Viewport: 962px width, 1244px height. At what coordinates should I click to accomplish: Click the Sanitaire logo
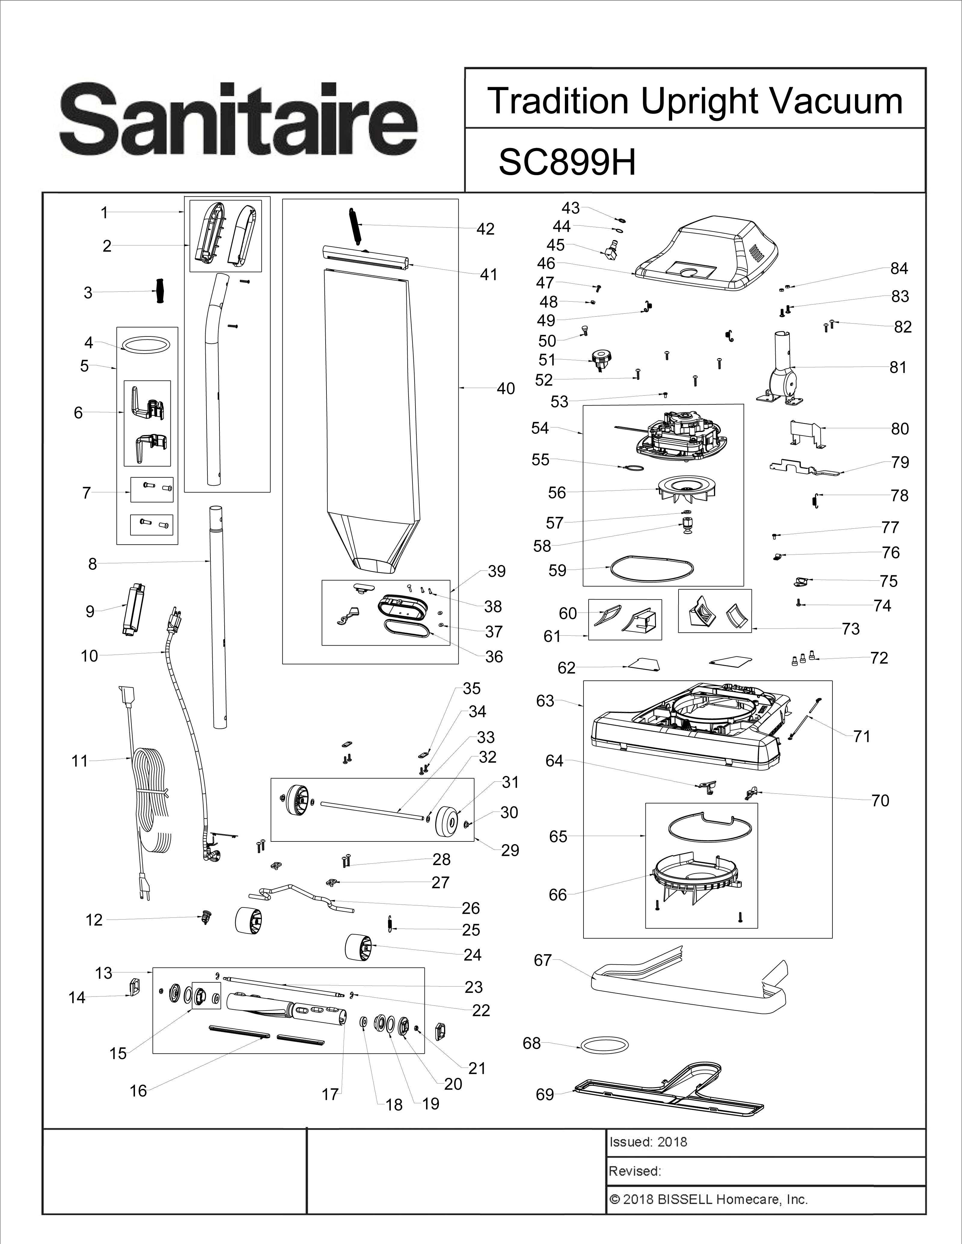pyautogui.click(x=238, y=121)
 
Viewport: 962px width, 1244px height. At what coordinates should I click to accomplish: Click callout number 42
pyautogui.click(x=485, y=229)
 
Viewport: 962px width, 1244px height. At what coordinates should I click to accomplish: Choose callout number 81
pyautogui.click(x=898, y=367)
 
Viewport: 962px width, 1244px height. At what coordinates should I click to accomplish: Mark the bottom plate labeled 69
pyautogui.click(x=672, y=1091)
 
